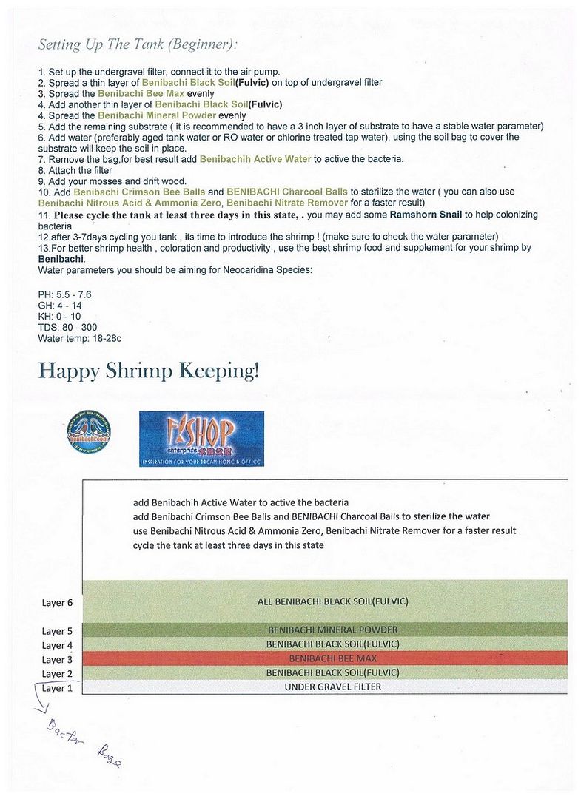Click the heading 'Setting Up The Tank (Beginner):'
click(x=138, y=44)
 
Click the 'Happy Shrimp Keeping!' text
click(x=149, y=370)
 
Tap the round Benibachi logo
click(x=89, y=432)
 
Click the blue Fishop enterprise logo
click(x=201, y=438)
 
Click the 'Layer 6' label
click(x=58, y=603)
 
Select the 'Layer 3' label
click(x=58, y=660)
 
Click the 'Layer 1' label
click(x=58, y=688)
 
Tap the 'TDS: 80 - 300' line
click(x=67, y=327)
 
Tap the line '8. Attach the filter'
click(x=75, y=170)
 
